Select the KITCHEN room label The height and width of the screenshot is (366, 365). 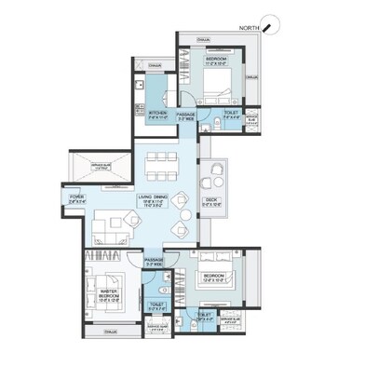click(x=155, y=115)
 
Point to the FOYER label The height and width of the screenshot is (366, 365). click(x=76, y=197)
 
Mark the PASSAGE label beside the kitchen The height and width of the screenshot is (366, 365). click(x=184, y=115)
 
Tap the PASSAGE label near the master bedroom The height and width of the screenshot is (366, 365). click(x=154, y=262)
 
